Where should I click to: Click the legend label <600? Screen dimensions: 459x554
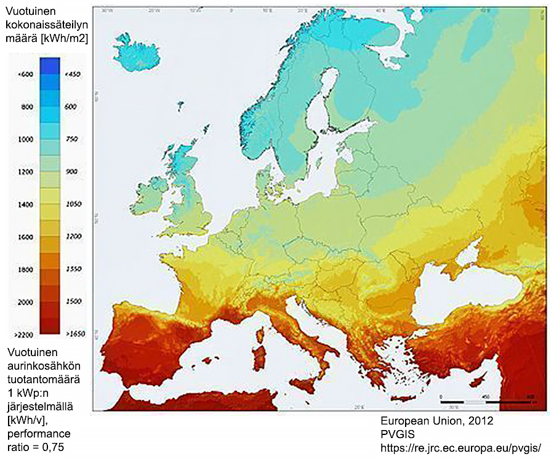25,75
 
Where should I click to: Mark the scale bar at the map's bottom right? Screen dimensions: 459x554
486,401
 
